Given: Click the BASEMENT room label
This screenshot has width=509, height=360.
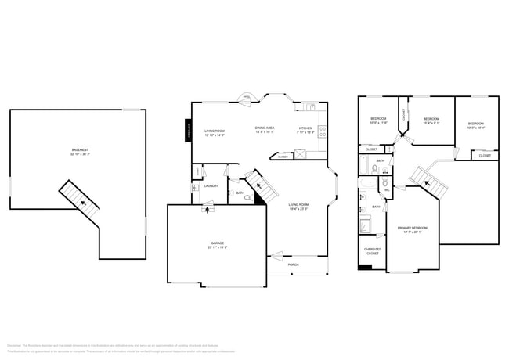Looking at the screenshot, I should click(80, 149).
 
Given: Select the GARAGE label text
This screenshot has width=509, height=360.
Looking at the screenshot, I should click(217, 243).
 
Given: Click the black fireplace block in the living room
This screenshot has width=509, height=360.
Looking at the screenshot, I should click(188, 131).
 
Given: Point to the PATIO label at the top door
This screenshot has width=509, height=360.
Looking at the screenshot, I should click(246, 97).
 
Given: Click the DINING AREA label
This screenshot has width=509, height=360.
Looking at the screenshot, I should click(264, 128).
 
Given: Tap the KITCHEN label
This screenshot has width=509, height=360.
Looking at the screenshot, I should click(305, 128).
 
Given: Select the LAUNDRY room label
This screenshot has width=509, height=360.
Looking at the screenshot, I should click(211, 186).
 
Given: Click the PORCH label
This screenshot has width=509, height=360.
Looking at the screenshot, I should click(293, 265).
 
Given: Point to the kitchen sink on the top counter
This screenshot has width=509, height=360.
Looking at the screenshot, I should click(309, 107).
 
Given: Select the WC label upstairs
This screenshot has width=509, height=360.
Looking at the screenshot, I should click(387, 190).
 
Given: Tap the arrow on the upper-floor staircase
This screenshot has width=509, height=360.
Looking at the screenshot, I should click(428, 184).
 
